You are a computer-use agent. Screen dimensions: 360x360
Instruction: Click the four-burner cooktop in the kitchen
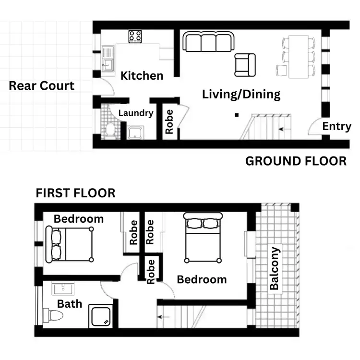pyautogui.click(x=134, y=36)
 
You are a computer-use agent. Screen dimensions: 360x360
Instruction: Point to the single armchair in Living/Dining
pyautogui.click(x=245, y=65)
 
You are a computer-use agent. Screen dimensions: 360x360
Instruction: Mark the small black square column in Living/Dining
pyautogui.click(x=236, y=115)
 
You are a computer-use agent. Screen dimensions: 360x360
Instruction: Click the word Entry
pyautogui.click(x=336, y=126)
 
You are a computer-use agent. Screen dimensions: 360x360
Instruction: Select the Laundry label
pyautogui.click(x=136, y=113)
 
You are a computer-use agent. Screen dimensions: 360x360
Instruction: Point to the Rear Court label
pyautogui.click(x=42, y=86)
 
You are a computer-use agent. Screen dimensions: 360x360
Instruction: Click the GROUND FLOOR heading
pyautogui.click(x=296, y=161)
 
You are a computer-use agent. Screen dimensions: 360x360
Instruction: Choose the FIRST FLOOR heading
pyautogui.click(x=75, y=193)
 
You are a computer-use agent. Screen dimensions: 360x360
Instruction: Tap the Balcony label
pyautogui.click(x=274, y=268)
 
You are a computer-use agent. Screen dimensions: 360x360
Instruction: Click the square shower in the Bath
pyautogui.click(x=101, y=316)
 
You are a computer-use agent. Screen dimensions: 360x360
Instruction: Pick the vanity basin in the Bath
pyautogui.click(x=62, y=289)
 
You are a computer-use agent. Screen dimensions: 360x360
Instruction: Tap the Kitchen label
pyautogui.click(x=142, y=75)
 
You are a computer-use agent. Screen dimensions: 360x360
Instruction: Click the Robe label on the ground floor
pyautogui.click(x=169, y=122)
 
